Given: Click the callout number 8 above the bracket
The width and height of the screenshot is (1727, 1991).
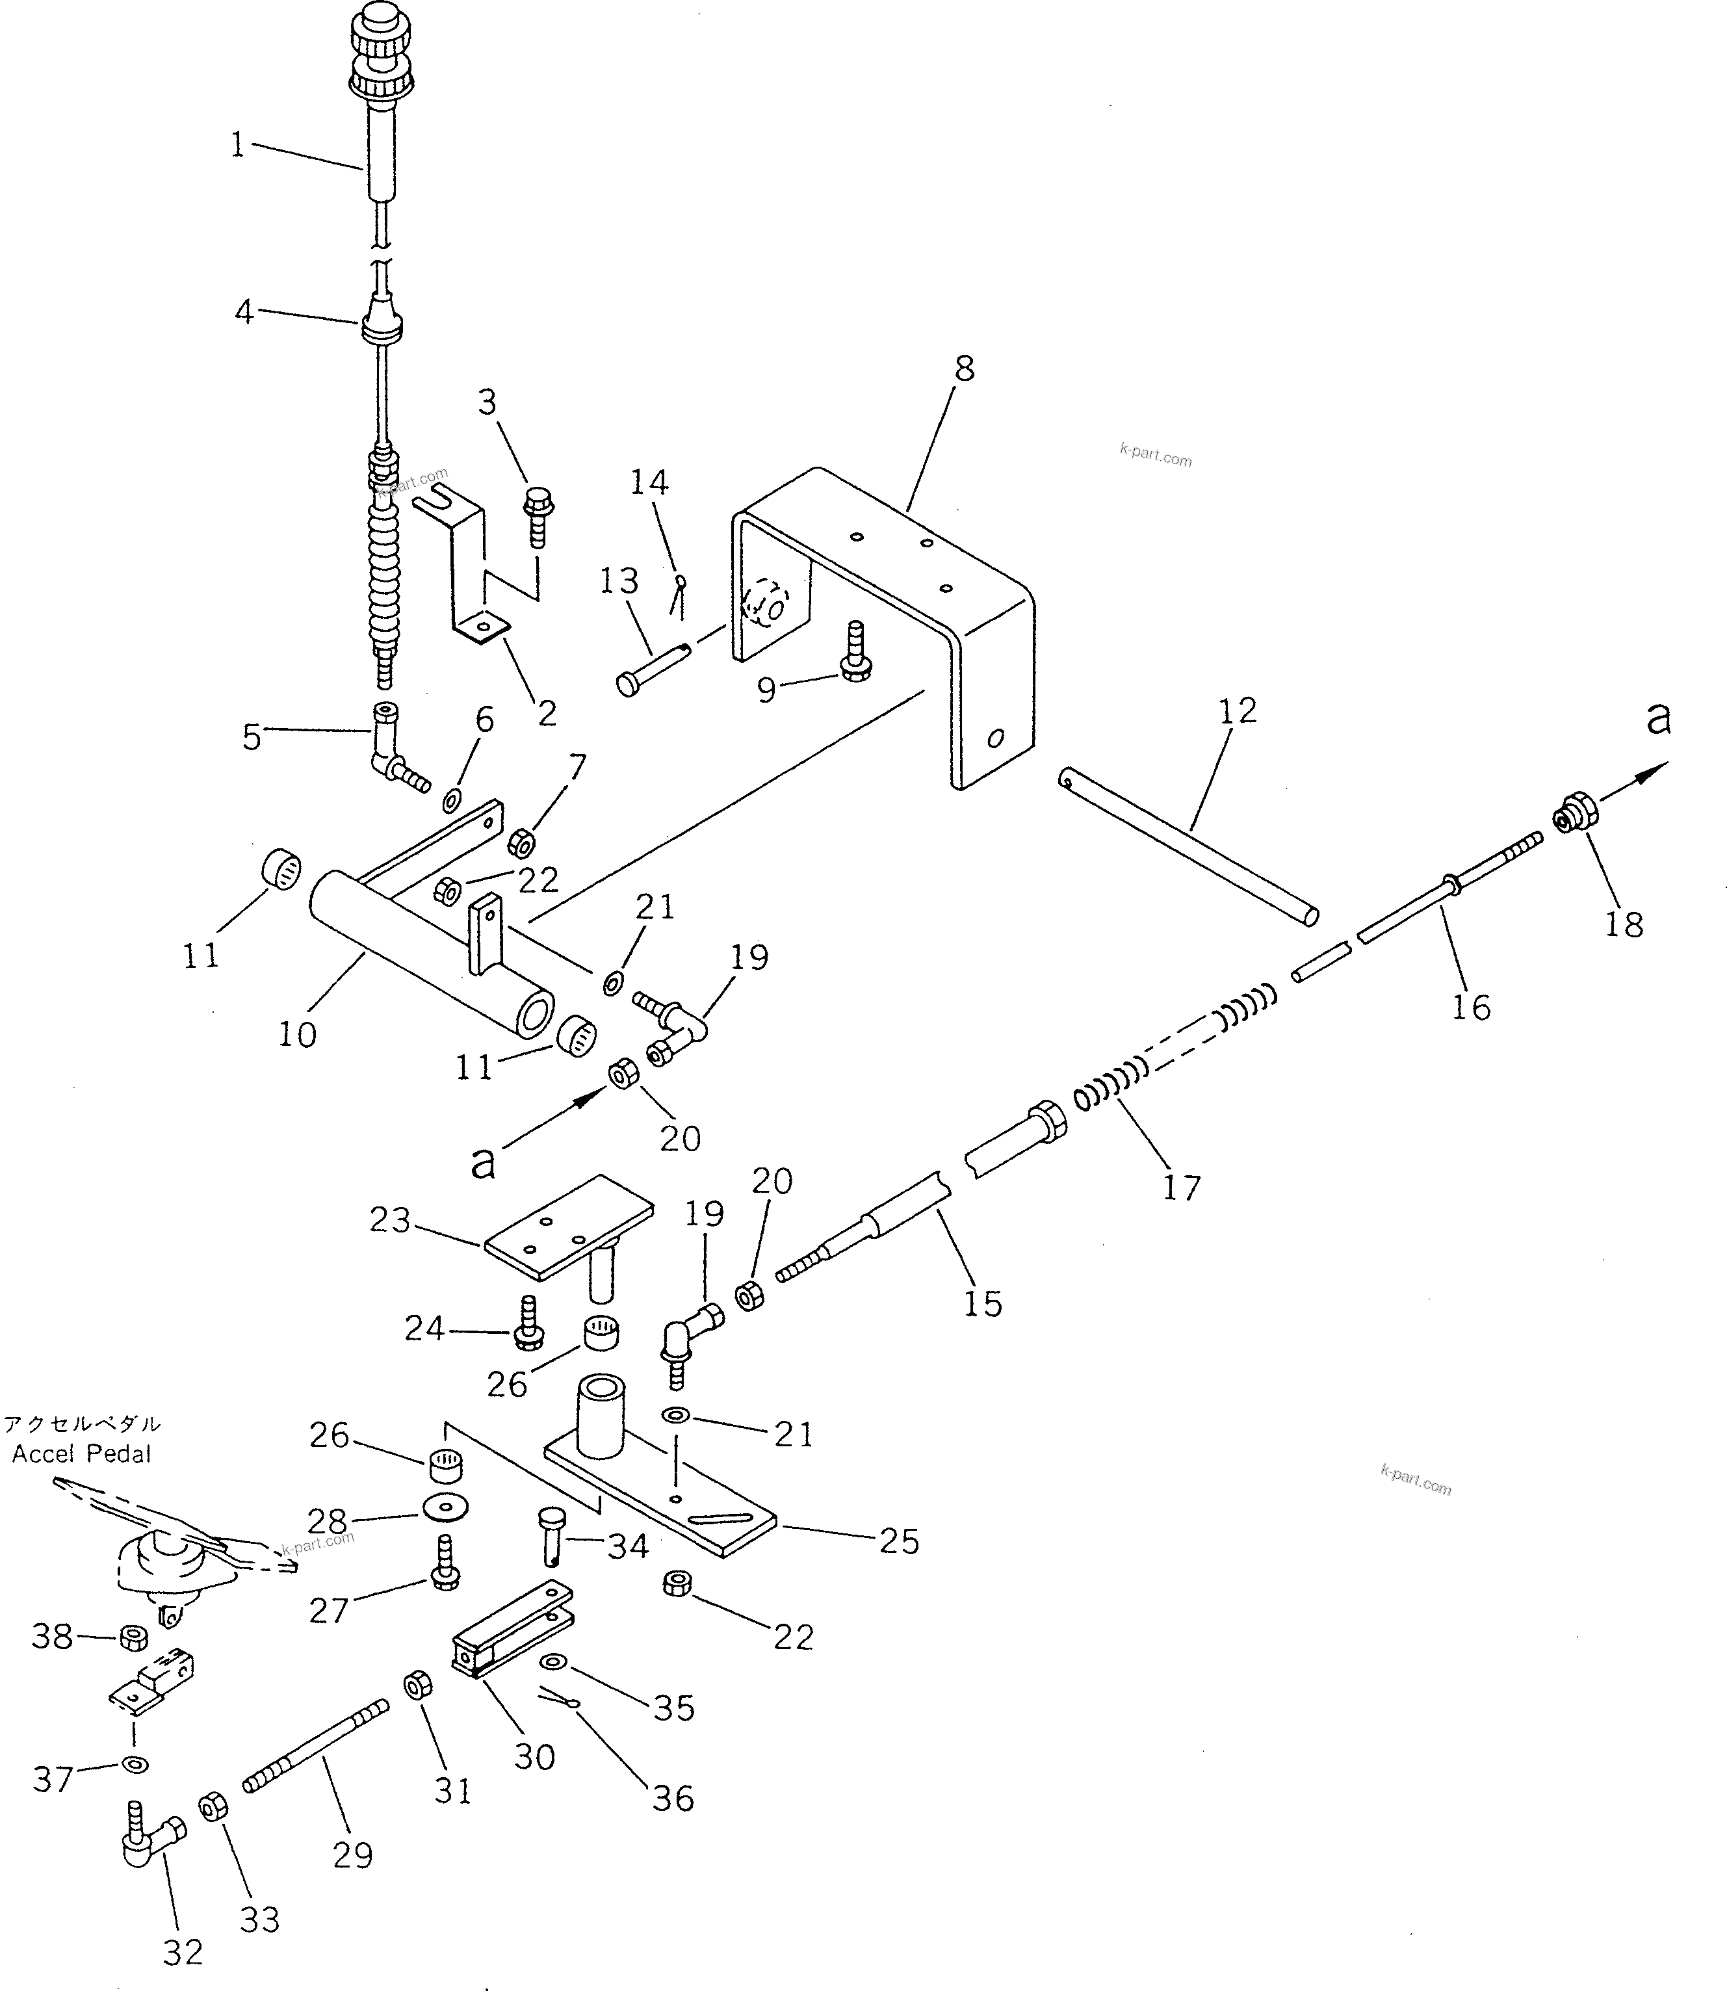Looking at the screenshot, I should [x=964, y=369].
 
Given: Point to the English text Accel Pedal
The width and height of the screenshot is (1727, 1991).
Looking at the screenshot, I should [x=82, y=1454].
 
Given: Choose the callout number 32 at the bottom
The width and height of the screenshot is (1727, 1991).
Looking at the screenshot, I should [x=183, y=1953].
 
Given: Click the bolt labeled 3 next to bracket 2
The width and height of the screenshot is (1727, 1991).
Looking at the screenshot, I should [x=538, y=515].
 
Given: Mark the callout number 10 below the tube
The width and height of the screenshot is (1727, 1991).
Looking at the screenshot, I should [x=297, y=1034].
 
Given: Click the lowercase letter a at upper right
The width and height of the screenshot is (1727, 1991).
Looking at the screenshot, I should [x=1657, y=719].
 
